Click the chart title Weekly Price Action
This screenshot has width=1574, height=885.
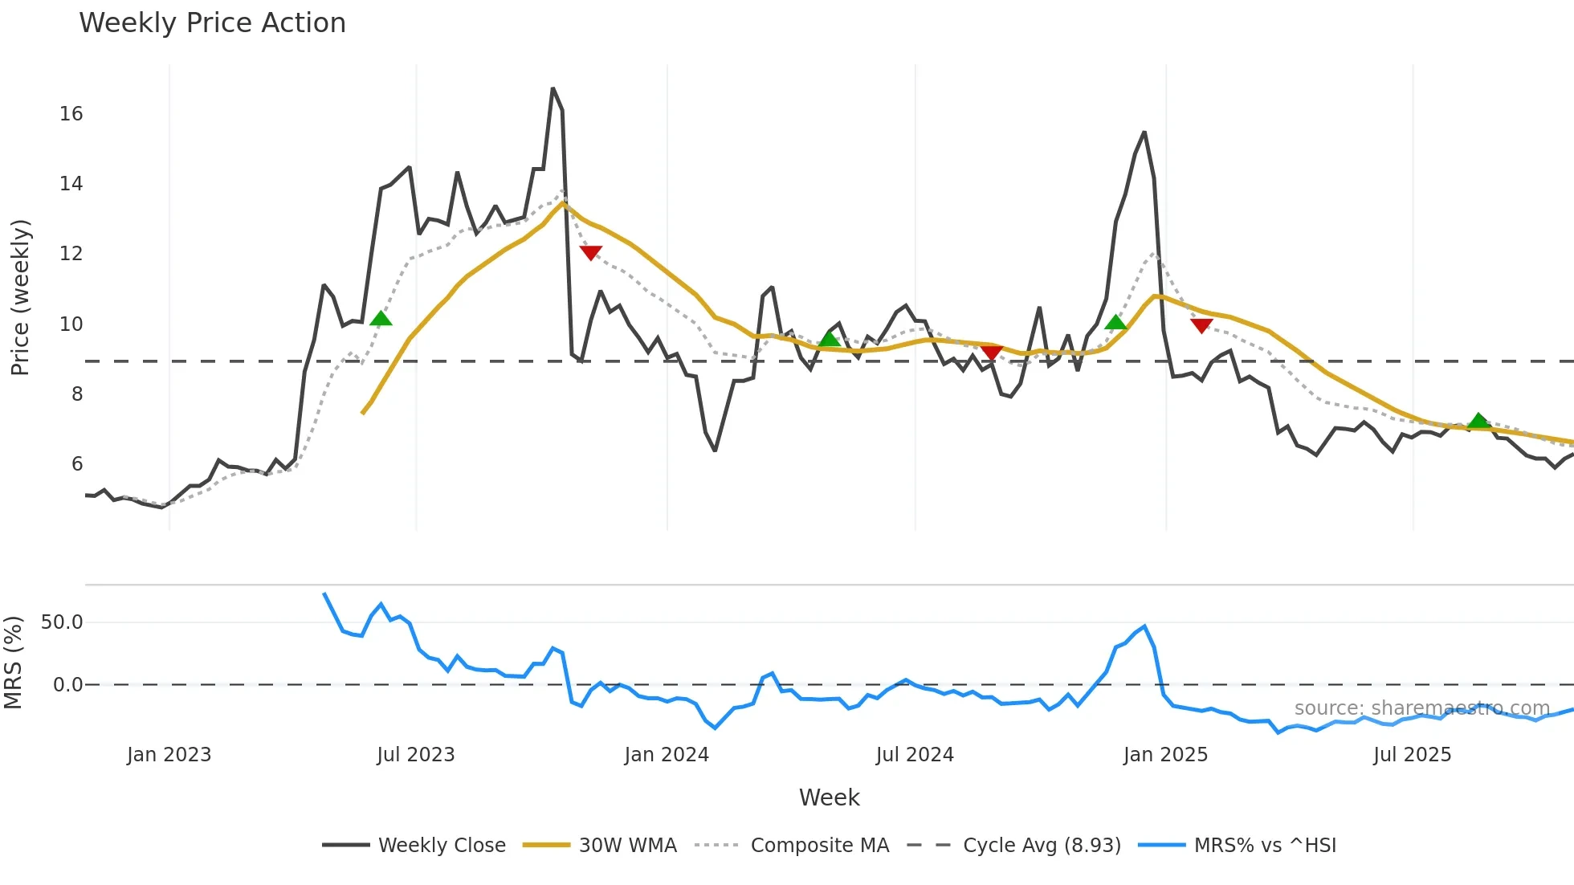(x=212, y=23)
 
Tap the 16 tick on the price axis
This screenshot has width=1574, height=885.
(x=71, y=114)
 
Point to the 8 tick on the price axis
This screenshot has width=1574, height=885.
(x=76, y=394)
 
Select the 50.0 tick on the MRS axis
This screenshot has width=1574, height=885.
(x=62, y=622)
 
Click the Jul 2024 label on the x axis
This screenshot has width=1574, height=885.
(x=914, y=755)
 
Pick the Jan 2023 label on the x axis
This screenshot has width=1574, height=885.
(x=169, y=755)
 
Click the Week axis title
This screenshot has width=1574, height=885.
(x=829, y=797)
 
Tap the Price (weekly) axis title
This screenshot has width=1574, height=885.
(x=20, y=297)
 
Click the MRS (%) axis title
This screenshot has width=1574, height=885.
(x=13, y=663)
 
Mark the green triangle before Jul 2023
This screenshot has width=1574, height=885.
(x=381, y=319)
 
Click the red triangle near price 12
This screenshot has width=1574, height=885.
(x=590, y=253)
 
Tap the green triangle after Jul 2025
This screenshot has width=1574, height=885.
(x=1478, y=421)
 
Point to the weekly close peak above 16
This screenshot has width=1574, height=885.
(x=553, y=88)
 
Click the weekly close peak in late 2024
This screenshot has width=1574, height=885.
(x=1144, y=133)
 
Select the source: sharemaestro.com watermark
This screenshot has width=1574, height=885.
(x=1421, y=708)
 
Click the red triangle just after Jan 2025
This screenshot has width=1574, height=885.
(x=1201, y=325)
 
